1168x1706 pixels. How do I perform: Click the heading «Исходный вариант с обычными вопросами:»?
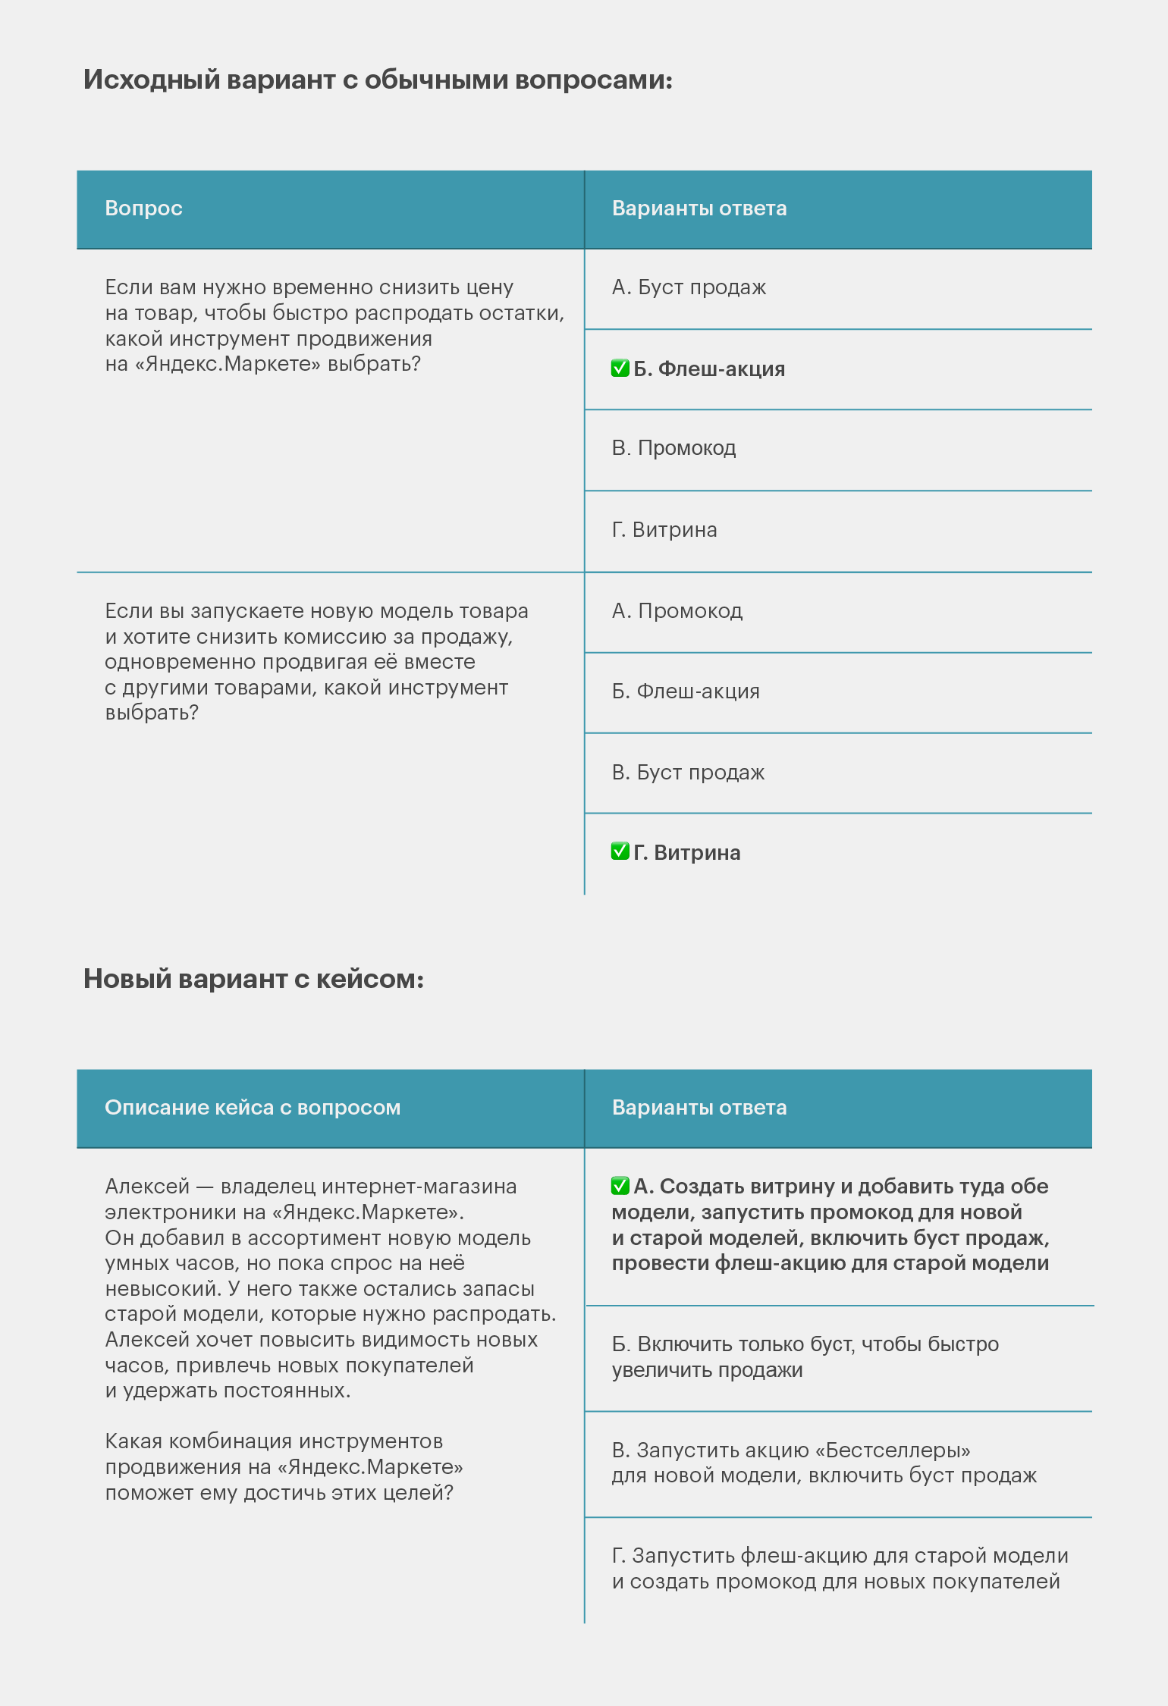[x=378, y=80]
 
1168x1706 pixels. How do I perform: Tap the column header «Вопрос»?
[x=143, y=209]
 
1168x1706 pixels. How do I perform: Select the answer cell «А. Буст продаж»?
[x=689, y=287]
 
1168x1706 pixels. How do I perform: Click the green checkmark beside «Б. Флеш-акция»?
[x=620, y=368]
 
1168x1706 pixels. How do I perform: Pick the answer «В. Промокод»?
[x=673, y=448]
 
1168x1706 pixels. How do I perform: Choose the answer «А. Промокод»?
[x=677, y=611]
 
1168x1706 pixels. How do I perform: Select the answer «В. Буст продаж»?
[x=688, y=773]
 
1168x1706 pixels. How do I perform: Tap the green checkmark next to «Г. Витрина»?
[x=620, y=851]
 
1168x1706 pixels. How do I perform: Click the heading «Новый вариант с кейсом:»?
[x=253, y=979]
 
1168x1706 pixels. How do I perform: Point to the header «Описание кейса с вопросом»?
[x=252, y=1108]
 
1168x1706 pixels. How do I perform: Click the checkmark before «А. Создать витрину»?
[x=620, y=1186]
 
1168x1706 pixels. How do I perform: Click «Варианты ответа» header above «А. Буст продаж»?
[x=699, y=209]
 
